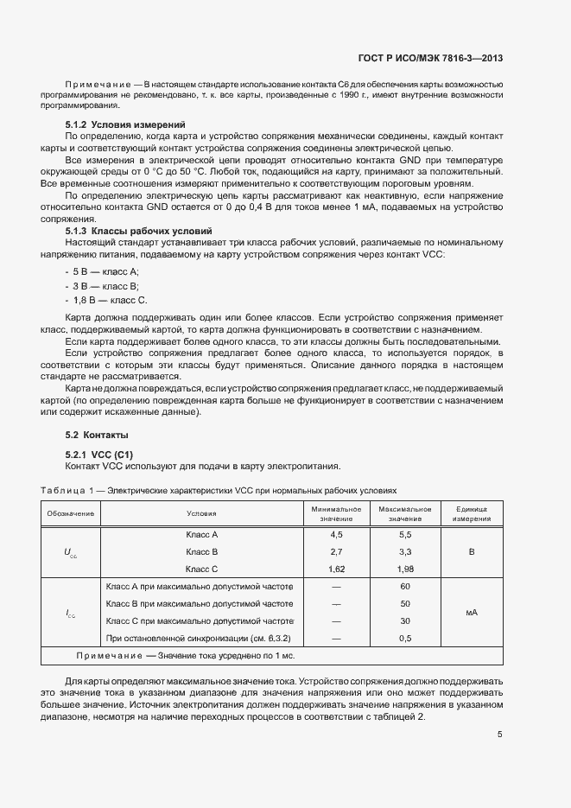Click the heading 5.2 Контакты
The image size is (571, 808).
coord(97,434)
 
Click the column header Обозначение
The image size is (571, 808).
coord(71,513)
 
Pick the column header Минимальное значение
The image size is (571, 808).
coord(336,513)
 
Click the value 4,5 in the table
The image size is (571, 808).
coord(336,535)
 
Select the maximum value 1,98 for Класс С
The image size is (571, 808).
coord(404,569)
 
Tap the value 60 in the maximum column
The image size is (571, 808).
coord(404,587)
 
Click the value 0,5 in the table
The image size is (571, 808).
coord(404,638)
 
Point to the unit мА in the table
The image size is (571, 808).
coord(472,612)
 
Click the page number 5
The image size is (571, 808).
coord(499,735)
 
